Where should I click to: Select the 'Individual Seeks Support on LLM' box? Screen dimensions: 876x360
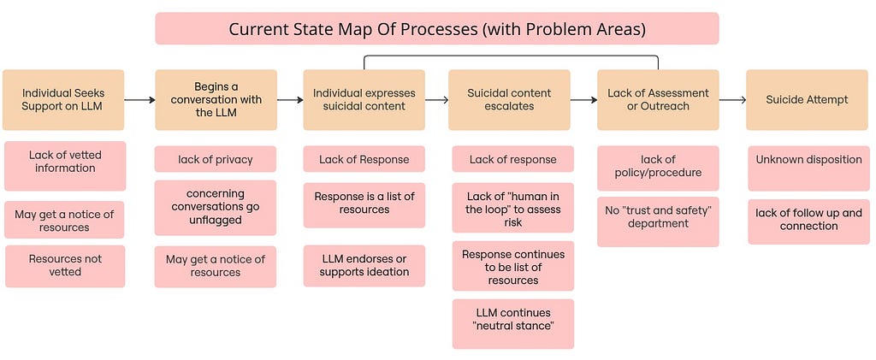pos(63,100)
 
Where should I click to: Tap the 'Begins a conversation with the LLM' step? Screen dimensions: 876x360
pos(216,100)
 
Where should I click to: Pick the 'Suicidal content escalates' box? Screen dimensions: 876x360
pos(509,100)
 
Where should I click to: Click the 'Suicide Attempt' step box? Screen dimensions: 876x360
pos(807,100)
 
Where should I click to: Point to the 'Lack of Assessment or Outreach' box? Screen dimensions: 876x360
pos(658,100)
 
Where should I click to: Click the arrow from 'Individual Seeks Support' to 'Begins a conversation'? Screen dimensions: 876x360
pos(139,100)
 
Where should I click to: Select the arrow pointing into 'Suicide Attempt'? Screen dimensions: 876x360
pos(732,100)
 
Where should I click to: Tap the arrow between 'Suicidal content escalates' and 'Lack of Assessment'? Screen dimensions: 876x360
pos(583,100)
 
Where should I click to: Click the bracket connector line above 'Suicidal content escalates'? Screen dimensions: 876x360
pos(512,56)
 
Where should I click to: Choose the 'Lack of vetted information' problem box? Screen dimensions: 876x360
pos(65,166)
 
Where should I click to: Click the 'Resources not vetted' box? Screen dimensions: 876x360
pos(65,266)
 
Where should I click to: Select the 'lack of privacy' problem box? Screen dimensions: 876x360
pos(216,159)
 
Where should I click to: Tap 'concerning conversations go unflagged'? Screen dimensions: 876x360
pos(216,207)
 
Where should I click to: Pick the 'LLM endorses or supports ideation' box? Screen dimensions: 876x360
pos(364,266)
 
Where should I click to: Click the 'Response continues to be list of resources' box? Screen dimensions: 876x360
pos(513,266)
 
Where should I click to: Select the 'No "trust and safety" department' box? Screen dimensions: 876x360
pos(658,221)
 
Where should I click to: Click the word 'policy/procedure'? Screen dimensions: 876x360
pos(658,173)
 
